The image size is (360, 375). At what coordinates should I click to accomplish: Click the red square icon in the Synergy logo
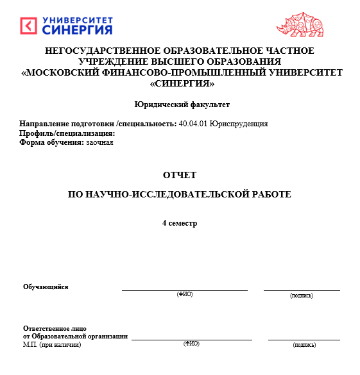click(x=29, y=26)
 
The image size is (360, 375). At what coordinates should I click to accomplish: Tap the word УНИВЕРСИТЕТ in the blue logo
click(x=78, y=19)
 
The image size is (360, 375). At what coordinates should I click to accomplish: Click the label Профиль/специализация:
click(x=67, y=133)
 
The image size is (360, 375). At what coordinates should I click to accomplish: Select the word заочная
click(x=99, y=142)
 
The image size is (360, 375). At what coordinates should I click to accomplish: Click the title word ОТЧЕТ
click(x=180, y=174)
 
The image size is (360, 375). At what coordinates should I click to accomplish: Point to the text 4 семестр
click(x=180, y=223)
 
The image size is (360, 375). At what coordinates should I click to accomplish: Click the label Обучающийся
click(x=46, y=287)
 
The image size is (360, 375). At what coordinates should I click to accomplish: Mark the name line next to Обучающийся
click(x=185, y=290)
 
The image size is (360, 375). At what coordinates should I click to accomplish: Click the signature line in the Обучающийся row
click(x=302, y=290)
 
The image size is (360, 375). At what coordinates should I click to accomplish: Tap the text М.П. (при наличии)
click(x=52, y=344)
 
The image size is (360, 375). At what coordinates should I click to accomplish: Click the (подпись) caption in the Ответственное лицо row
click(x=304, y=344)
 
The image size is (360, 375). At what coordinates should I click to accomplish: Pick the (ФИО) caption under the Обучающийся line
click(x=185, y=294)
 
